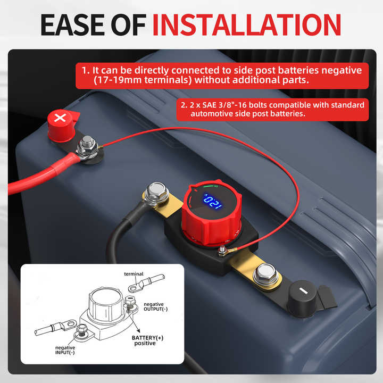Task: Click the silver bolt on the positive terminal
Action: [87, 144]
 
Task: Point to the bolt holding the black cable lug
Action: [156, 192]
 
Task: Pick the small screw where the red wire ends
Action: [220, 249]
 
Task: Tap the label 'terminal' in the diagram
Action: [134, 274]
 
